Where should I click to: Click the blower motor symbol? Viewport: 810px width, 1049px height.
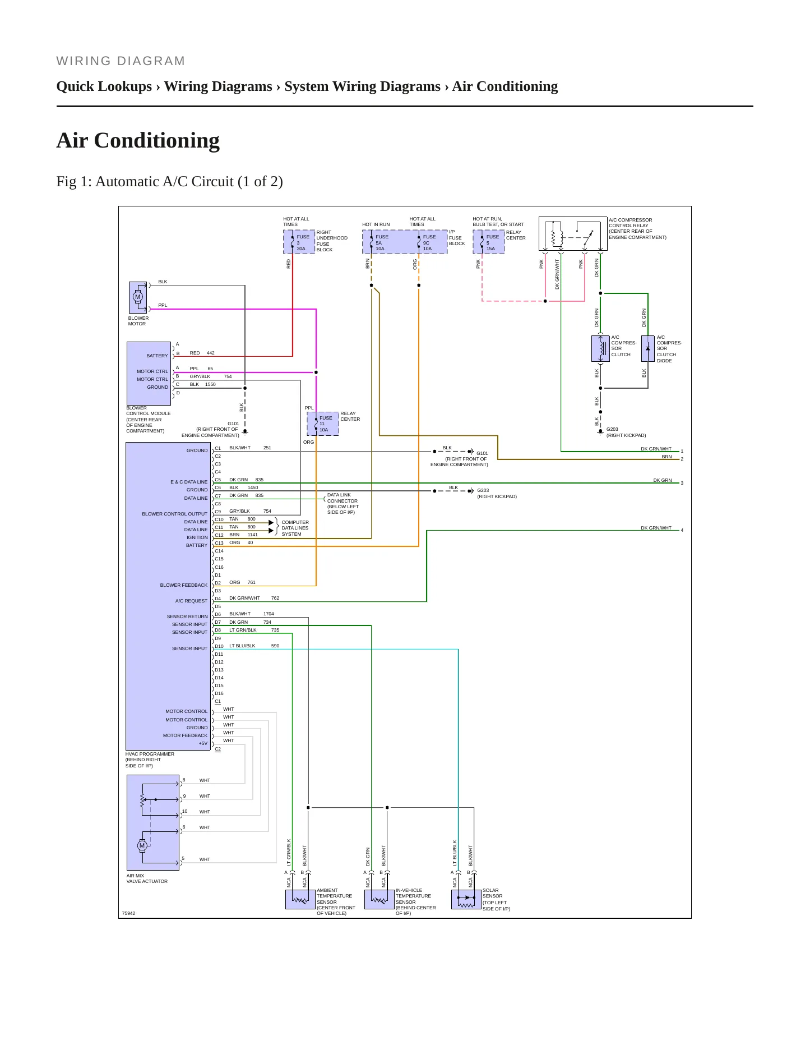point(138,297)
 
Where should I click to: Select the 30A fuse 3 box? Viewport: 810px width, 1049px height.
point(299,242)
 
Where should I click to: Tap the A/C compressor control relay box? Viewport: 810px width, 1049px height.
point(573,234)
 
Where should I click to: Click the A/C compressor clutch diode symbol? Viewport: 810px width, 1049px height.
point(648,348)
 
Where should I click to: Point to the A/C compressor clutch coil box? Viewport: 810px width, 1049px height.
point(600,348)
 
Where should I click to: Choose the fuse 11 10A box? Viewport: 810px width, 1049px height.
point(323,424)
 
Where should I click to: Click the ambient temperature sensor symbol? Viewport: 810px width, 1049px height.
point(300,899)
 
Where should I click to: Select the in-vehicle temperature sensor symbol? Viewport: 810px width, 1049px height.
point(379,899)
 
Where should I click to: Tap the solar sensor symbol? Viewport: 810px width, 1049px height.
point(466,899)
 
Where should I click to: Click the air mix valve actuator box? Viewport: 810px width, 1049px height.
point(153,822)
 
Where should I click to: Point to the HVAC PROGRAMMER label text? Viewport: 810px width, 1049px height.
point(150,754)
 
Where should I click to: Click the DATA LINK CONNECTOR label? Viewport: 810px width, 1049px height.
point(342,498)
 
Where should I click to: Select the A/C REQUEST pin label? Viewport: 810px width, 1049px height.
point(191,601)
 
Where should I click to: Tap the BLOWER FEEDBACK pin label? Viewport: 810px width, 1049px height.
point(184,585)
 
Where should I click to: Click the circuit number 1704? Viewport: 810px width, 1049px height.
point(269,614)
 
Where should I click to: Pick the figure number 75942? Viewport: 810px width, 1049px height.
point(129,913)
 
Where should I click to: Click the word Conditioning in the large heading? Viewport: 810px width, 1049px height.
point(157,140)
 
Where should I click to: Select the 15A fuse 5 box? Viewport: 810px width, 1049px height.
point(489,242)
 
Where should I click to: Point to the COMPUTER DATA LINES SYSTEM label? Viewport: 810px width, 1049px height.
point(295,528)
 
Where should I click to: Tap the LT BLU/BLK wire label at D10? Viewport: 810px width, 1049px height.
point(242,646)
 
